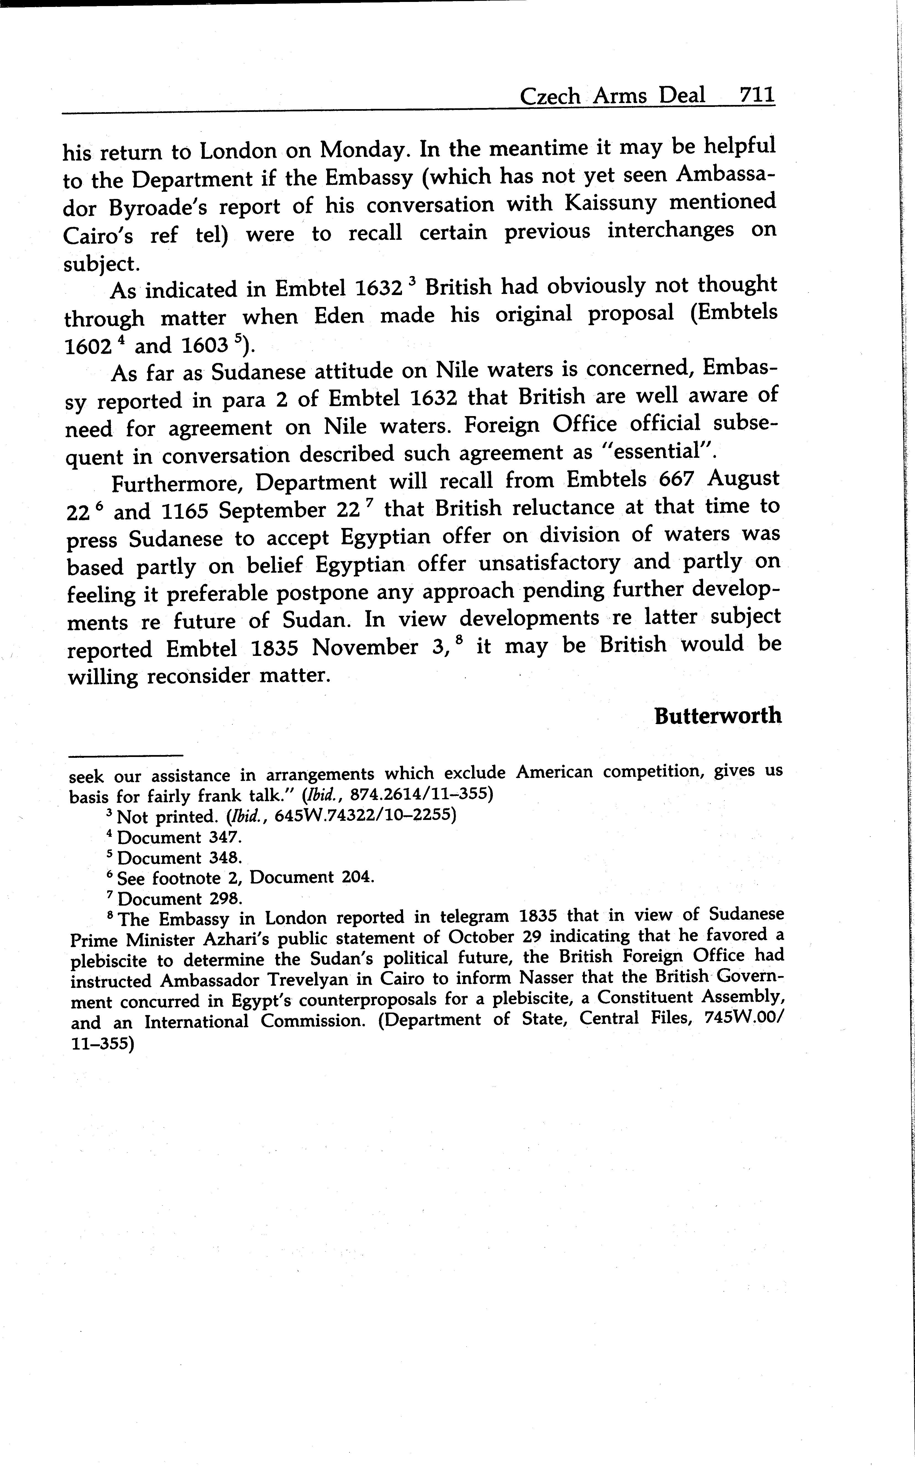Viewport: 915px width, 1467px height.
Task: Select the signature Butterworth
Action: coord(718,716)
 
